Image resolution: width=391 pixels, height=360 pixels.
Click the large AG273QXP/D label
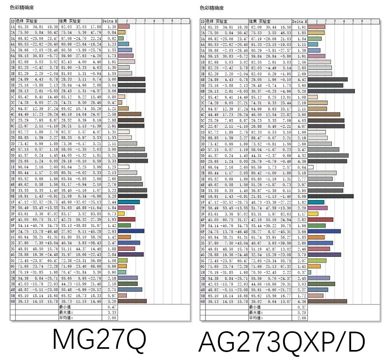282,342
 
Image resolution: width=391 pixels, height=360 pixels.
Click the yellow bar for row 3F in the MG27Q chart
122,214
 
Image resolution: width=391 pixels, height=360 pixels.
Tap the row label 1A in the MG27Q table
12,26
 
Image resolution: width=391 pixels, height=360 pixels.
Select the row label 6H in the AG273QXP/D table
202,301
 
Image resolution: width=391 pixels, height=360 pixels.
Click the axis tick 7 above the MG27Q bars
181,21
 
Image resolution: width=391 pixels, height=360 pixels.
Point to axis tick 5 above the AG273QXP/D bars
353,21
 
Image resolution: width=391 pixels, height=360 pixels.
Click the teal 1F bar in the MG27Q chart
129,202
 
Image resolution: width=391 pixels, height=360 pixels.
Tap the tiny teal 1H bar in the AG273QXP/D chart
309,272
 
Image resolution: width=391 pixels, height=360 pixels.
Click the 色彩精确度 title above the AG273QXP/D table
211,8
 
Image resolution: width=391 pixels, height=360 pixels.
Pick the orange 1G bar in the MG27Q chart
125,237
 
